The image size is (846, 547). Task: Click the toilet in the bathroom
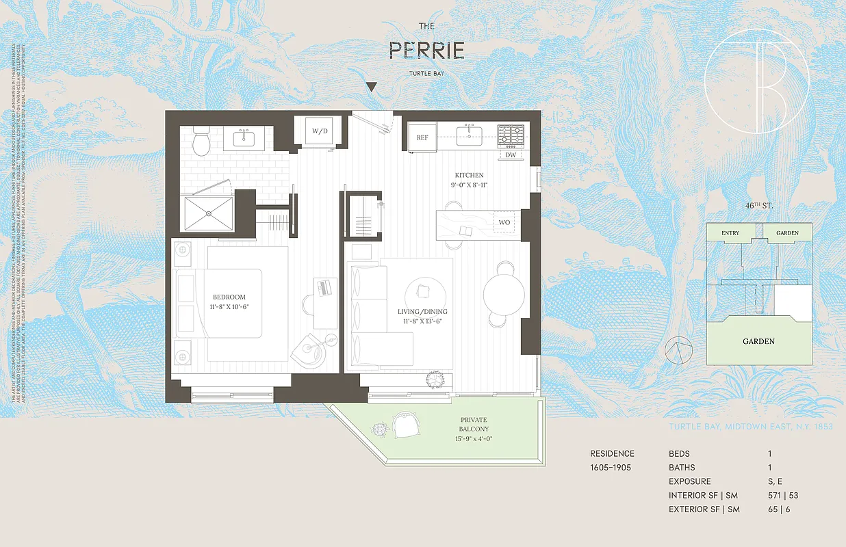202,142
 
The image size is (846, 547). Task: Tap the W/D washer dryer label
320,131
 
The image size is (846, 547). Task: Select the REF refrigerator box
422,137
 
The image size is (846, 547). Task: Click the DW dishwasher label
511,155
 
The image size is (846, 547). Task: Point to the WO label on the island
504,223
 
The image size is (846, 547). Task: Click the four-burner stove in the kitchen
510,135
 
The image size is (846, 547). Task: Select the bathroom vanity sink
244,139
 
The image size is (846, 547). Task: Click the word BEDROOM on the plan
229,297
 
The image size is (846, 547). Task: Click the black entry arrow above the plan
371,87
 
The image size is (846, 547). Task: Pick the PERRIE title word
426,50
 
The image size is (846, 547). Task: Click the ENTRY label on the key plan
730,233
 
